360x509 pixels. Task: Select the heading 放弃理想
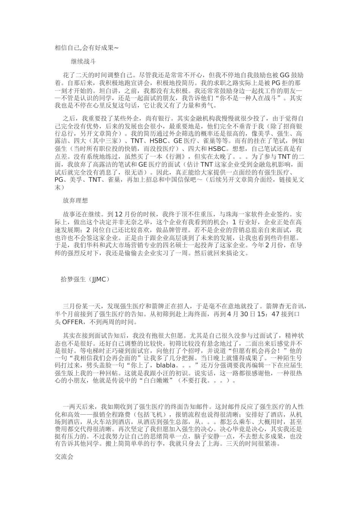(x=75, y=201)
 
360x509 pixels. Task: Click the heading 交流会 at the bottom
(x=64, y=457)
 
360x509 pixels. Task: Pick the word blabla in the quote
(x=166, y=365)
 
